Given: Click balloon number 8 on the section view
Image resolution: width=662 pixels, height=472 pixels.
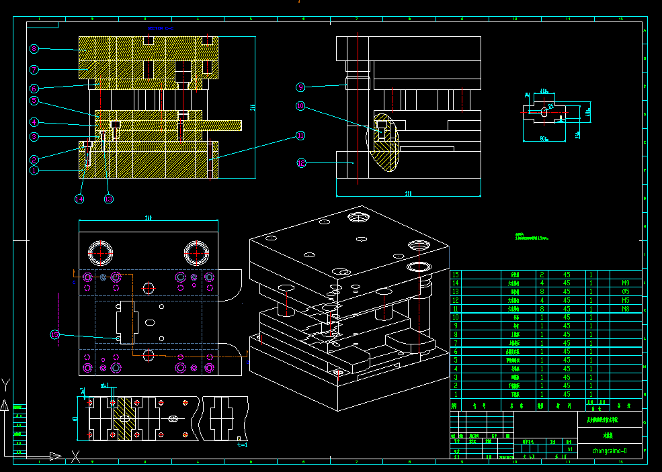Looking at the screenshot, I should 34,48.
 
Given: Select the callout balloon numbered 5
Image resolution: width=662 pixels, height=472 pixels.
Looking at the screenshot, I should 34,101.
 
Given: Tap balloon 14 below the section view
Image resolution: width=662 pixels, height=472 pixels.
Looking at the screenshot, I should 79,199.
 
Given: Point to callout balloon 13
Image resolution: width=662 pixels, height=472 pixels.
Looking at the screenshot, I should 108,199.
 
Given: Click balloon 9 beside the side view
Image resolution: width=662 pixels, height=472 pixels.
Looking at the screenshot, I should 300,87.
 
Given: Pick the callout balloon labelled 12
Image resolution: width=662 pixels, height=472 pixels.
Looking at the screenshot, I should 300,162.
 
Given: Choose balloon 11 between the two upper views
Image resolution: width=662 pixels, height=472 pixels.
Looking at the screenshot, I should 300,136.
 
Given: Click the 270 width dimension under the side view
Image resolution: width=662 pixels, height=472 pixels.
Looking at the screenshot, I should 408,193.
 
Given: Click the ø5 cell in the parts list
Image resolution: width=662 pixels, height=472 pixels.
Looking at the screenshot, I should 625,292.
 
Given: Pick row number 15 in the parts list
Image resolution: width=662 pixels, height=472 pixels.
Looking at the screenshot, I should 456,275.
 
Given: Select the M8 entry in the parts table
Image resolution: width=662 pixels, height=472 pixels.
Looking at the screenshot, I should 625,310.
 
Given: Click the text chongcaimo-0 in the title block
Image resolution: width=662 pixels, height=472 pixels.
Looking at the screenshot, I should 610,451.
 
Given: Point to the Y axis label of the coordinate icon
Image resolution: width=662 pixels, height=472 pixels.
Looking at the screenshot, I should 6,384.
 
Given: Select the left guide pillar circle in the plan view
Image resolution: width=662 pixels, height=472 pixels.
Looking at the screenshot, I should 101,253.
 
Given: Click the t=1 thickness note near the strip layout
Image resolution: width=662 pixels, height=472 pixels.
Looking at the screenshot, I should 242,444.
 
